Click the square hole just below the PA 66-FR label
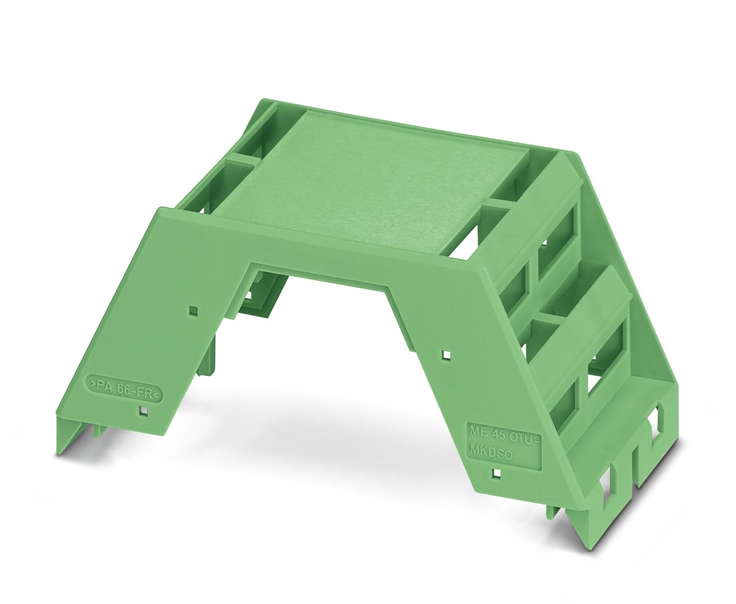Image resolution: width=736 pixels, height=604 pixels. pos(143,411)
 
